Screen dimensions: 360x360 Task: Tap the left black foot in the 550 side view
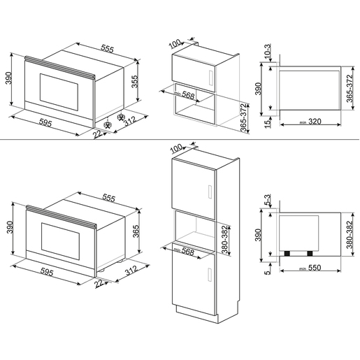click(287, 250)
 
